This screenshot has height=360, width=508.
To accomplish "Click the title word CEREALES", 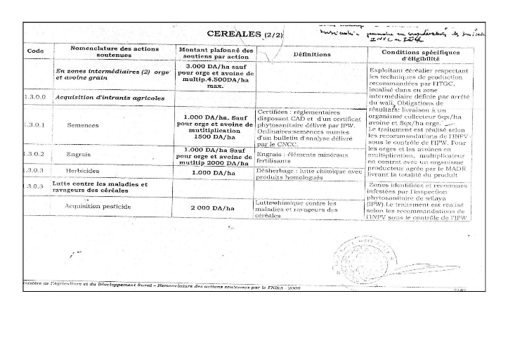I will pos(235,33).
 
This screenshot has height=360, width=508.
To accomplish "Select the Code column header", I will pos(35,51).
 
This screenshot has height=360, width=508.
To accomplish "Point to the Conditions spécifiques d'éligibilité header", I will pos(419,55).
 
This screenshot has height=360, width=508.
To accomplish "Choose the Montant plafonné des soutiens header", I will pos(216,53).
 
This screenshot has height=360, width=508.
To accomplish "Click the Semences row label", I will pos(83,124).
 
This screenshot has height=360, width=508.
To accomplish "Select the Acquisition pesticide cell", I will pos(97,207).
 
